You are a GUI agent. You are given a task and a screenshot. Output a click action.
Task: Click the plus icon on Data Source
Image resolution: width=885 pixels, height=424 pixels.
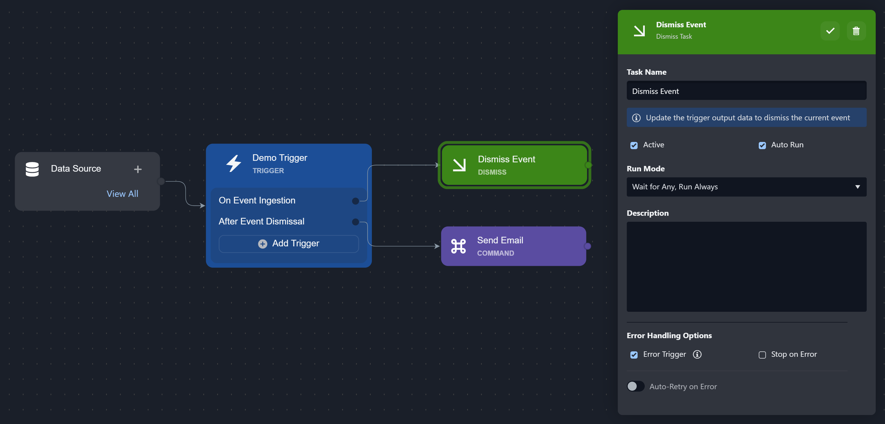tap(138, 169)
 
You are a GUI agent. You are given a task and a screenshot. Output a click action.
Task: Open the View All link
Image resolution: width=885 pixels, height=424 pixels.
tap(122, 194)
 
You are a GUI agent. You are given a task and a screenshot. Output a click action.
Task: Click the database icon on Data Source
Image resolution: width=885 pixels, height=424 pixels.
tap(32, 169)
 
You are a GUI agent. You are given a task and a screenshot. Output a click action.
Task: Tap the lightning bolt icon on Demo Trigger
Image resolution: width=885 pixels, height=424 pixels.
tap(234, 163)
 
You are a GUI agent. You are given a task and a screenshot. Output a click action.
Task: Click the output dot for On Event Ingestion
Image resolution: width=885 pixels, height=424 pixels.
tap(356, 201)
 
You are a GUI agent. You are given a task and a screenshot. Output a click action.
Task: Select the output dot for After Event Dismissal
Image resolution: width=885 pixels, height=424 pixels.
tap(356, 222)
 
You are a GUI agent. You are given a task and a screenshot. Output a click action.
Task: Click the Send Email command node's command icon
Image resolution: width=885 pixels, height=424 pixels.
tap(458, 246)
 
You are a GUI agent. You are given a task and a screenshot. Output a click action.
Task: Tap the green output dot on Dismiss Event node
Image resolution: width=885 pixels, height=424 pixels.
tap(588, 165)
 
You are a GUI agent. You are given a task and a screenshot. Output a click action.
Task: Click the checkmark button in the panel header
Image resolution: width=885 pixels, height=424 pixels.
tap(830, 31)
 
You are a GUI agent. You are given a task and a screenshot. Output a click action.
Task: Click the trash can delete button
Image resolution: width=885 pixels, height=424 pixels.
tap(856, 31)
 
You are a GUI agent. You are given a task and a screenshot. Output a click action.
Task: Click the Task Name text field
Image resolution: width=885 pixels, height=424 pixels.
tap(746, 91)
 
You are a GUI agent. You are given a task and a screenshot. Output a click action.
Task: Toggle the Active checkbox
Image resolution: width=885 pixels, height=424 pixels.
tap(634, 145)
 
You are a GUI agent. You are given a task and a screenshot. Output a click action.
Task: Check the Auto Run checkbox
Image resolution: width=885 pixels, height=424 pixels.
tap(762, 145)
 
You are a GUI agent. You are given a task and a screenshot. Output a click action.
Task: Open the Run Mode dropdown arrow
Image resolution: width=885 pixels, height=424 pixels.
tap(857, 187)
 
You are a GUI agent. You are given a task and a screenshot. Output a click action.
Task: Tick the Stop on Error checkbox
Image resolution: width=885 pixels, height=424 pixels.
tap(762, 355)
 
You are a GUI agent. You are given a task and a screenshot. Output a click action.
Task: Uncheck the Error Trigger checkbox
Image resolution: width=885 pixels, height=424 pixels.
tap(634, 355)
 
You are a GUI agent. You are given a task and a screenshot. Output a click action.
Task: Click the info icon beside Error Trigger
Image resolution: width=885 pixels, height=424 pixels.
tap(697, 354)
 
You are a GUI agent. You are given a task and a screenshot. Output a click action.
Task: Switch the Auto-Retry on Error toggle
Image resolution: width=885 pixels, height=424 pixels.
tap(635, 386)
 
